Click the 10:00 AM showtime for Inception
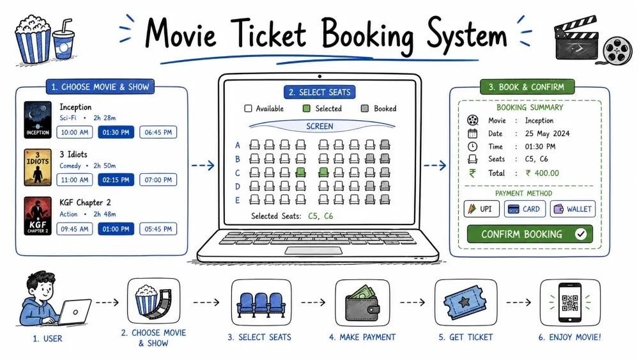[75, 132]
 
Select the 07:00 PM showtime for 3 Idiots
[158, 180]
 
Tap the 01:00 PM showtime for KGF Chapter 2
[116, 229]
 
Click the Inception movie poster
[38, 120]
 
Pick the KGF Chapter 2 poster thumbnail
[38, 215]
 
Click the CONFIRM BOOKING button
[530, 234]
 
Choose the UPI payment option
[481, 209]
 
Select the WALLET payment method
[573, 209]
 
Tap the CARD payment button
[525, 209]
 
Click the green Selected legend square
[307, 109]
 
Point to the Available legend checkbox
[248, 109]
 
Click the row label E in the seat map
[238, 200]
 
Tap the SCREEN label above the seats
[320, 127]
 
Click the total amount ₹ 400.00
[543, 173]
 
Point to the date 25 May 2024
[548, 133]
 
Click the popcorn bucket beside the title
[33, 39]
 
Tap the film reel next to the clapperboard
[618, 50]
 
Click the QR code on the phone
[570, 302]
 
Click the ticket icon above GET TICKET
[465, 302]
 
